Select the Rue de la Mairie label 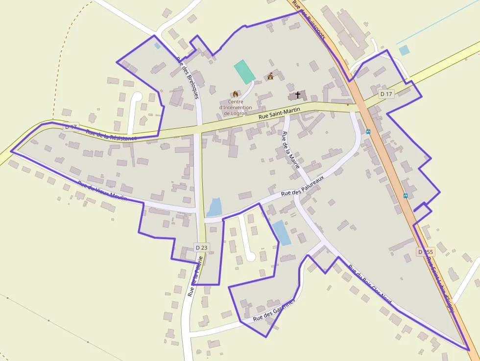tap(290, 150)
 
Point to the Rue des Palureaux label tap(303, 188)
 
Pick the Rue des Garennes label tap(274, 311)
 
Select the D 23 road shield tap(201, 248)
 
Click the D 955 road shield tap(426, 252)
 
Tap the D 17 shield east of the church tap(386, 94)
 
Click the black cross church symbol tap(298, 95)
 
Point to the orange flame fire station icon tap(235, 93)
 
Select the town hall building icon tap(270, 76)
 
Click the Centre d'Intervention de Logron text tap(236, 107)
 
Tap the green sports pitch tap(244, 72)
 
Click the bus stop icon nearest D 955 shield tap(406, 195)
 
